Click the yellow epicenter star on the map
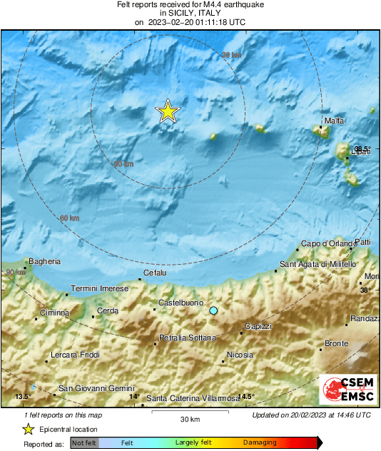pyautogui.click(x=168, y=111)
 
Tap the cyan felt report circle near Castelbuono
pyautogui.click(x=213, y=310)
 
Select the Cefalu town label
pyautogui.click(x=155, y=273)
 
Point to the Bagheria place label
pyautogui.click(x=44, y=262)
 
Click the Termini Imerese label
pyautogui.click(x=100, y=288)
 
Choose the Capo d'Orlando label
pyautogui.click(x=328, y=244)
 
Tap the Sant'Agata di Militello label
pyautogui.click(x=317, y=265)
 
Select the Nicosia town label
pyautogui.click(x=240, y=355)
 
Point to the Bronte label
pyautogui.click(x=336, y=344)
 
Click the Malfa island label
pyautogui.click(x=334, y=121)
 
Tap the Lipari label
pyautogui.click(x=360, y=152)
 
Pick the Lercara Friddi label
pyautogui.click(x=76, y=355)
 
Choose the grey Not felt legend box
pyautogui.click(x=83, y=442)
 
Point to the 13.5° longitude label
pyautogui.click(x=24, y=396)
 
